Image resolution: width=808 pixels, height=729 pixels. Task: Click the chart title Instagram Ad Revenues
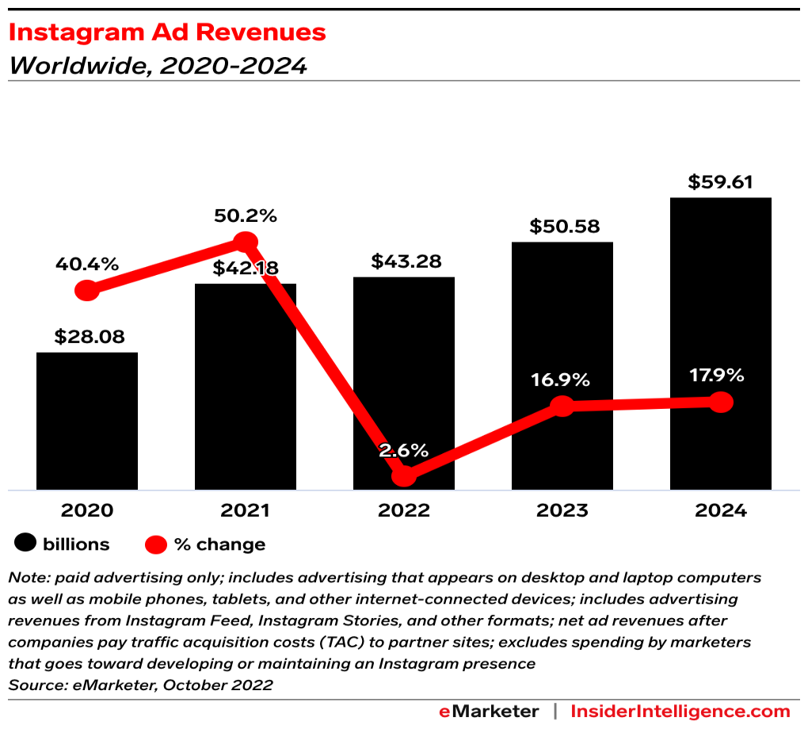[166, 32]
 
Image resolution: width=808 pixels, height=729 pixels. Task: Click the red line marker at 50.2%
[246, 242]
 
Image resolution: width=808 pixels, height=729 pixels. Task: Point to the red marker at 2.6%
[404, 475]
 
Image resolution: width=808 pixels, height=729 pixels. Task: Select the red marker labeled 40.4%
[87, 290]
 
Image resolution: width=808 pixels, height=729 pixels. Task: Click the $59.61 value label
[720, 181]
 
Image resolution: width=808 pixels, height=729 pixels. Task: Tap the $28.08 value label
[90, 336]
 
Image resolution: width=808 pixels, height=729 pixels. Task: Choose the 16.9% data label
[561, 380]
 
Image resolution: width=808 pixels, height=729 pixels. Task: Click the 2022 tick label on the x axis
[403, 510]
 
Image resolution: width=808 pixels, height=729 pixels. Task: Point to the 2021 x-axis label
[245, 510]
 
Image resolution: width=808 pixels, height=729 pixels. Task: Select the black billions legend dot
[26, 544]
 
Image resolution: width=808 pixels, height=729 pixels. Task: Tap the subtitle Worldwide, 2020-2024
[157, 65]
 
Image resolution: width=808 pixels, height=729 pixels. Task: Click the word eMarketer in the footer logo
[489, 711]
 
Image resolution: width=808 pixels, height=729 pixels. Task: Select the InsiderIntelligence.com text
[680, 711]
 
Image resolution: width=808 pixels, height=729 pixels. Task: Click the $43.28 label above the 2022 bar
[406, 261]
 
